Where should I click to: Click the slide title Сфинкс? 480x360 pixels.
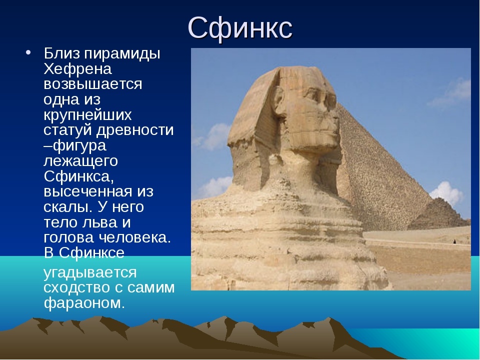point(240,28)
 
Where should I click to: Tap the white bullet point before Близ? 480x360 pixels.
point(28,52)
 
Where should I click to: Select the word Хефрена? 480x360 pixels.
point(78,69)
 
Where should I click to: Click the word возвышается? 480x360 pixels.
point(93,84)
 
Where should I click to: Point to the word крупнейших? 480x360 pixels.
point(87,115)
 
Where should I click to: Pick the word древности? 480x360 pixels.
point(135,130)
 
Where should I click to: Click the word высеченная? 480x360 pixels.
point(88,192)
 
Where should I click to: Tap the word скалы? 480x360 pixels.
point(68,207)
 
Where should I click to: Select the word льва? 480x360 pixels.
point(100,222)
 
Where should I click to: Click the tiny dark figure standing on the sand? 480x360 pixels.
point(454,241)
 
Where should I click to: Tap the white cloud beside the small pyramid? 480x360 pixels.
point(446,193)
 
